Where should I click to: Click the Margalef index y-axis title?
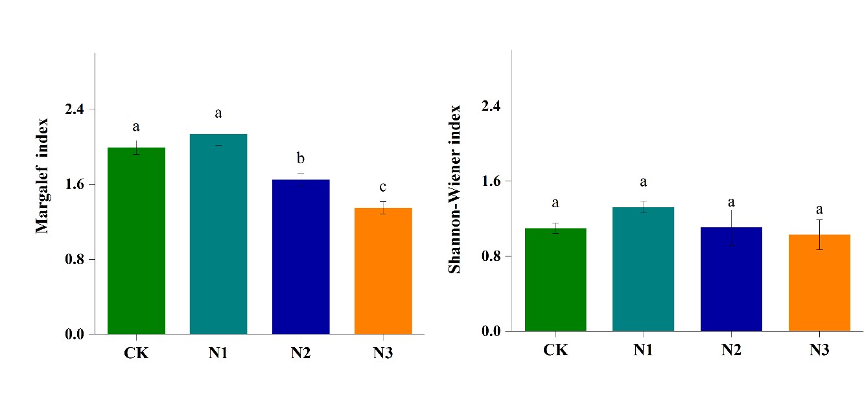point(43,175)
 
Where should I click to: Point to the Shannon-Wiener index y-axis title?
point(455,188)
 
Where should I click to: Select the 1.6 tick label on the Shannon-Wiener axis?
point(492,181)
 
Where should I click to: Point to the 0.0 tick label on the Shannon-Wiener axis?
point(492,332)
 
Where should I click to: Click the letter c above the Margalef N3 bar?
point(383,188)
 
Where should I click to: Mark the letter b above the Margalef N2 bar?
point(301,159)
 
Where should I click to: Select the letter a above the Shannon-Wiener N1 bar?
point(643,183)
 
